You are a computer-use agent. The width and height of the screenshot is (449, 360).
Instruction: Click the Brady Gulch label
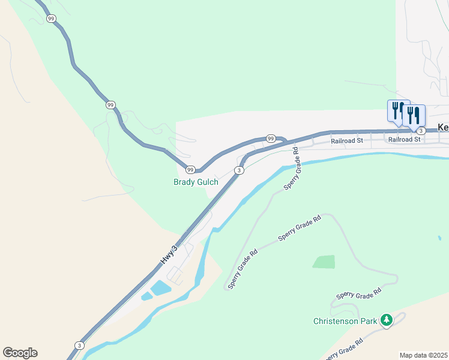pyautogui.click(x=196, y=182)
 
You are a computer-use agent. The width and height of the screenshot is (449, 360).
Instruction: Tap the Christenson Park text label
pyautogui.click(x=345, y=321)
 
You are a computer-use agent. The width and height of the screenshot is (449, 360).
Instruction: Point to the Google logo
pyautogui.click(x=20, y=353)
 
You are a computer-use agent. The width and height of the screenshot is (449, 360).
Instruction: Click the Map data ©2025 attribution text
pyautogui.click(x=423, y=355)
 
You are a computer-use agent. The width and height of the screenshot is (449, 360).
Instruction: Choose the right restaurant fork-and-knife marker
pyautogui.click(x=414, y=115)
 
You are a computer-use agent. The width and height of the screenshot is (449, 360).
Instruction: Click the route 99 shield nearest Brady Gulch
pyautogui.click(x=190, y=170)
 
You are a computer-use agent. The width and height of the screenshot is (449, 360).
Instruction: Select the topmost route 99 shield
pyautogui.click(x=51, y=19)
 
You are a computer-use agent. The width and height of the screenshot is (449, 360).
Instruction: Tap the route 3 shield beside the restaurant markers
pyautogui.click(x=421, y=131)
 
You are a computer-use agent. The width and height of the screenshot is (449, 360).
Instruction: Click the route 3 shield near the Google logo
pyautogui.click(x=79, y=346)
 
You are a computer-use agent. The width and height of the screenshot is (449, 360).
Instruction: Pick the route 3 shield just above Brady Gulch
pyautogui.click(x=240, y=170)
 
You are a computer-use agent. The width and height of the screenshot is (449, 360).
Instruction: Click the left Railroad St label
pyautogui.click(x=347, y=140)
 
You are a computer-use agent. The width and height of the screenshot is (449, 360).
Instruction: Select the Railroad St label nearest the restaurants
pyautogui.click(x=405, y=139)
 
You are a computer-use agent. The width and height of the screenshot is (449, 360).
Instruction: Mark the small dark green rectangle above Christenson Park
pyautogui.click(x=324, y=262)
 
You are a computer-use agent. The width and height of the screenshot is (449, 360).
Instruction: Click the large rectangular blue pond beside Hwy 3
pyautogui.click(x=161, y=288)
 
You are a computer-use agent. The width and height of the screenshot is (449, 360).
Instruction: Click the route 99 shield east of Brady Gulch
pyautogui.click(x=271, y=139)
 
